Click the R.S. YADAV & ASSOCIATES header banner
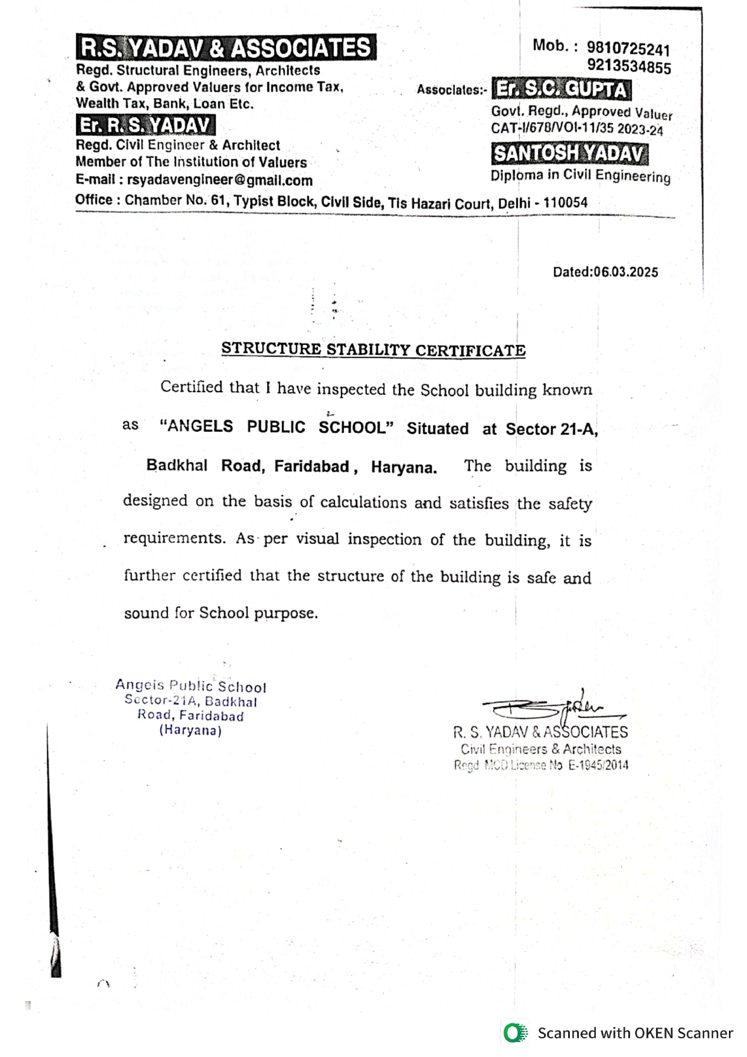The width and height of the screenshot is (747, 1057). [226, 47]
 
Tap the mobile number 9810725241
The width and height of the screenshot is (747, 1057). [628, 48]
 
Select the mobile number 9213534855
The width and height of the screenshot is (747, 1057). [629, 66]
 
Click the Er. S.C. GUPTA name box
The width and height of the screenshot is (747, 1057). [561, 89]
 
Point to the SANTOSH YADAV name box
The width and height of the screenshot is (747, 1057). [569, 154]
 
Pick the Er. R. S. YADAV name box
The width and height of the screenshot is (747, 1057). [145, 125]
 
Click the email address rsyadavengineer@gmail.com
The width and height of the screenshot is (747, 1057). [220, 180]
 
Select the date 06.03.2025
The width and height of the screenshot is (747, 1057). [626, 272]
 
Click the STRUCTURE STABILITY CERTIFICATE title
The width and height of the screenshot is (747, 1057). [373, 349]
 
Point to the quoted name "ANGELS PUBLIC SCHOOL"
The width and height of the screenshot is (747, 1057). [277, 427]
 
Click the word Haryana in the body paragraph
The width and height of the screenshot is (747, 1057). [404, 467]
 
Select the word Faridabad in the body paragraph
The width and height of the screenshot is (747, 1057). [312, 466]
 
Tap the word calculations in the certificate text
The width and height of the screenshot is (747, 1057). [363, 502]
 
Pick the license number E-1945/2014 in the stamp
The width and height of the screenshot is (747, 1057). [598, 765]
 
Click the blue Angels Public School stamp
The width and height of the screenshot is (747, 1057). [191, 708]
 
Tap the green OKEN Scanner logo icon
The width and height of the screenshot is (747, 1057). [514, 1033]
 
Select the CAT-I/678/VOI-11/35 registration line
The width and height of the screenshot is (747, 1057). [577, 128]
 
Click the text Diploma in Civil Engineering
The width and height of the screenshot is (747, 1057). [580, 175]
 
